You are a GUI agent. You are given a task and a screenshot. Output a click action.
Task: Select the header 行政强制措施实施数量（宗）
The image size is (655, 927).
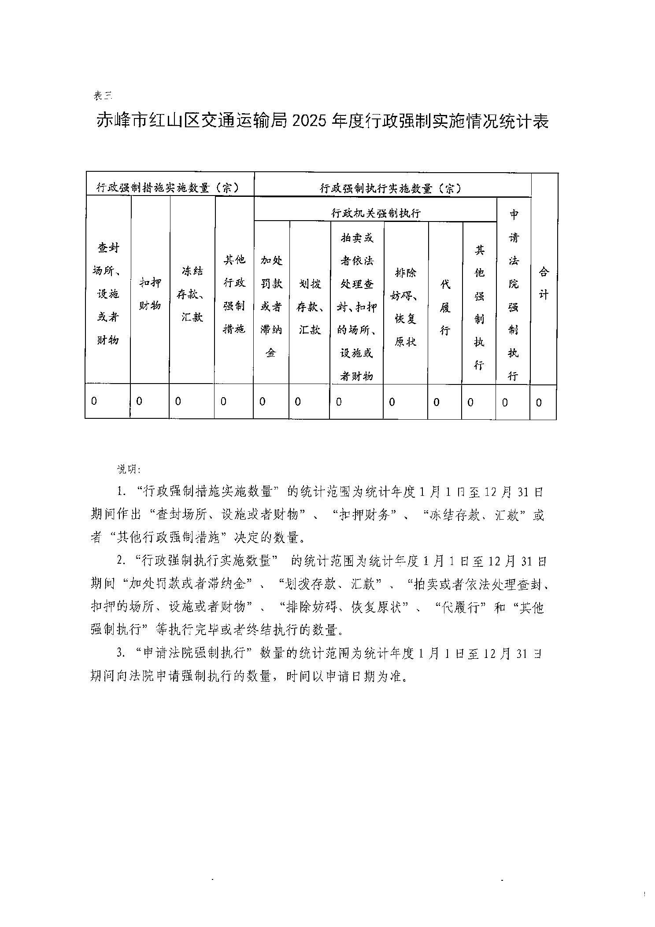168,188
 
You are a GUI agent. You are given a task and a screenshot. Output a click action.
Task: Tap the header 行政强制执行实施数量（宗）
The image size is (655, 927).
390,188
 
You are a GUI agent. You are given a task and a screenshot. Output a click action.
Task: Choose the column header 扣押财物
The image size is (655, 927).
150,294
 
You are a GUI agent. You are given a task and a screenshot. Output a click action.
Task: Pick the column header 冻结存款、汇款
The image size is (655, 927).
192,294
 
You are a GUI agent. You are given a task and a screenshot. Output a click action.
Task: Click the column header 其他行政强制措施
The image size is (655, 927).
234,294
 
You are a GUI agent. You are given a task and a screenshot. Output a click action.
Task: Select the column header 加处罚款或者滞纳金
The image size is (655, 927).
271,306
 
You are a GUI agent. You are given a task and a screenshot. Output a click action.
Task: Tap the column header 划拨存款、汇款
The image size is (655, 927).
310,306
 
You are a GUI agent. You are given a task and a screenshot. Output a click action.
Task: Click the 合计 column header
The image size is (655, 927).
544,283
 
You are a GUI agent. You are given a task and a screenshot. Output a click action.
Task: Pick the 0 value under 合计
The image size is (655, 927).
539,402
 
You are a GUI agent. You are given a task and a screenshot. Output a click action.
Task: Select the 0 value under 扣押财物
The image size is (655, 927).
139,401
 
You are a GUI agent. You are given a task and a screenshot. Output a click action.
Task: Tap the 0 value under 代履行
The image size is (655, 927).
437,402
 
